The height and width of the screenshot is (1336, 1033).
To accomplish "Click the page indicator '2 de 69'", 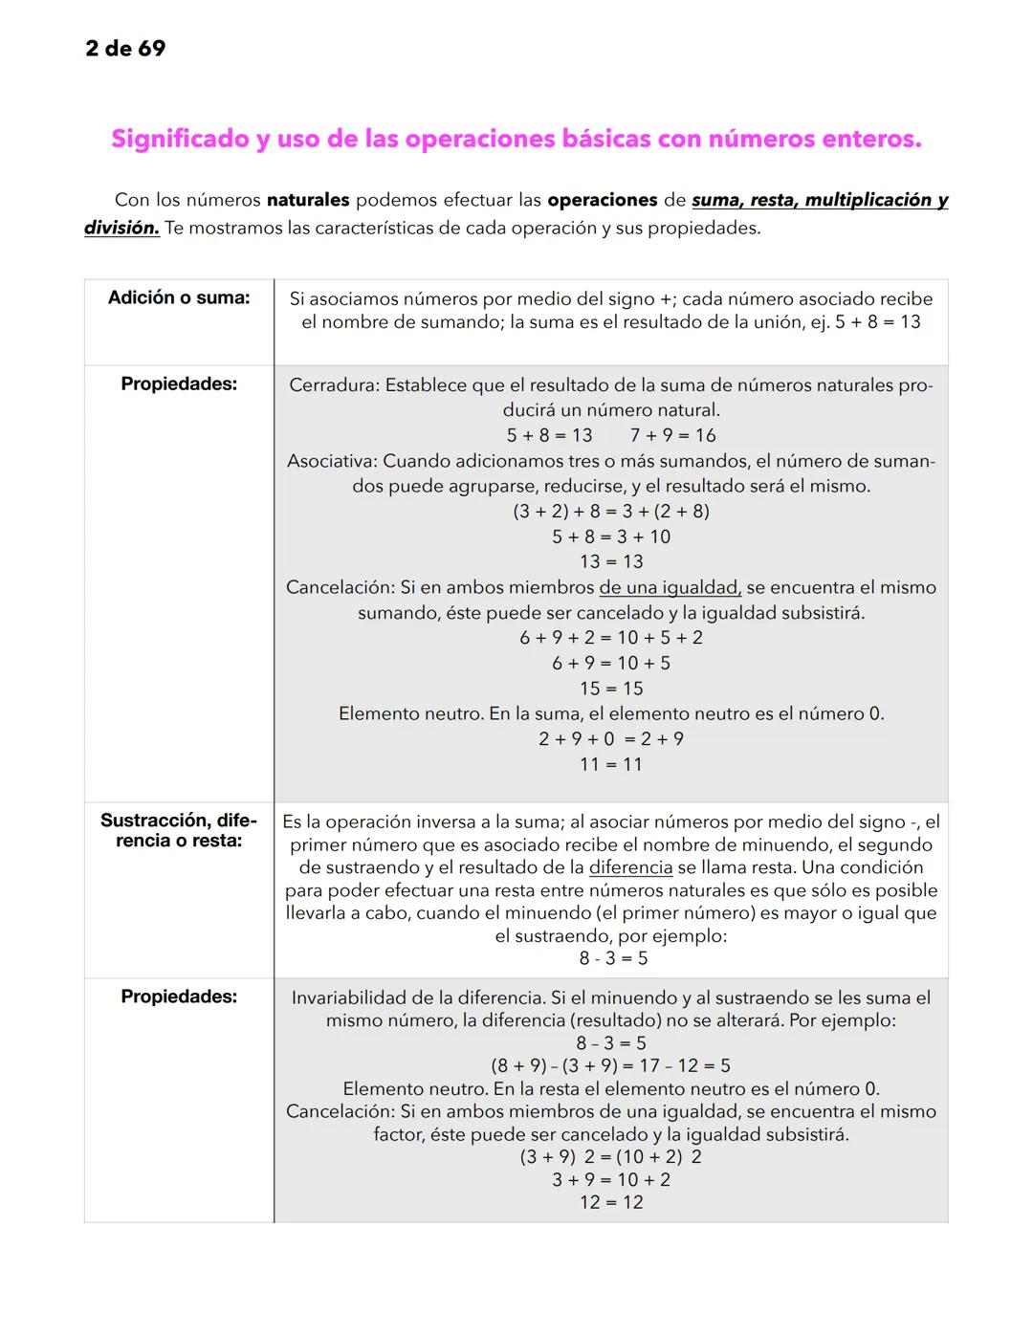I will (x=125, y=48).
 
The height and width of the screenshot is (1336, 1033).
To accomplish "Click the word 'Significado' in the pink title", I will (x=179, y=140).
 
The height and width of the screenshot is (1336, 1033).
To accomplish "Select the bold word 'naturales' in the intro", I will (x=307, y=201).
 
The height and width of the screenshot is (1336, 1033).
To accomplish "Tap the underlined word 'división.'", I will (x=121, y=229).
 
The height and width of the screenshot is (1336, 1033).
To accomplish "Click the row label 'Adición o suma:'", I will (x=179, y=297).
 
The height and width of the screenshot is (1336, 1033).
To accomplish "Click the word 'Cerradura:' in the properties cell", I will (x=334, y=385).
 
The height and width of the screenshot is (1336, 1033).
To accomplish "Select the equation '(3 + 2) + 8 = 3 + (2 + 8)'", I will (x=611, y=512).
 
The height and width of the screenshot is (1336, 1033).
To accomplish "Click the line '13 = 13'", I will (x=611, y=562).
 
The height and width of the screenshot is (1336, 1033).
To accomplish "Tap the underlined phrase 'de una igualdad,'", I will (x=670, y=587).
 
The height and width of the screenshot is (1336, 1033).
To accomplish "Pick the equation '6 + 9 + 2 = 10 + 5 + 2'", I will (x=611, y=638).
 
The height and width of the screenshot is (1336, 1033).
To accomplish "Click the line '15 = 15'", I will (x=611, y=689).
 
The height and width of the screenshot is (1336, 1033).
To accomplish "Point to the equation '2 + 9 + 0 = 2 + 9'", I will (x=611, y=739).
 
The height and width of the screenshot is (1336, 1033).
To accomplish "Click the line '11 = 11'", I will (x=611, y=765).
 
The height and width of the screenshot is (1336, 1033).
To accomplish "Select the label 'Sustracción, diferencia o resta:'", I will (x=179, y=830).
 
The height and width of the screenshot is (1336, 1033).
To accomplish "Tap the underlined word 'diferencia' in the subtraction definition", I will (x=630, y=867).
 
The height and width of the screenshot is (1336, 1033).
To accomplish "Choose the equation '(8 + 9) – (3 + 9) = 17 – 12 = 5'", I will (x=611, y=1066).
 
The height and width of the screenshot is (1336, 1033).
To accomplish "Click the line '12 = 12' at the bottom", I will (x=611, y=1203).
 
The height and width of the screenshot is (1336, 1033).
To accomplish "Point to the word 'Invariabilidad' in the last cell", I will (x=349, y=998).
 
